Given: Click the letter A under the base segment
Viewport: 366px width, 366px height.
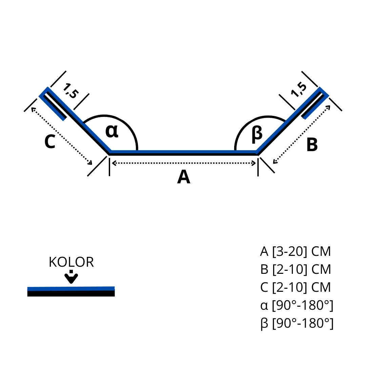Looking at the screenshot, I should point(184,177).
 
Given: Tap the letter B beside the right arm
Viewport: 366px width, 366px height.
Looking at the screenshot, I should point(312,145).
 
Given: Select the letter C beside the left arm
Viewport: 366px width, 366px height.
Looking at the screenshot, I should point(49,142).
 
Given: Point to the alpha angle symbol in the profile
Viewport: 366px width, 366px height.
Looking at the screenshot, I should point(112,131).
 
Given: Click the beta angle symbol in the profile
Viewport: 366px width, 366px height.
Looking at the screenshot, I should point(257,134).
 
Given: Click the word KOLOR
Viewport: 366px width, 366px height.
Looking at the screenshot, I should point(71,262).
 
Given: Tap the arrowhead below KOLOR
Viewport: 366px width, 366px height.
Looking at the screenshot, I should point(71,279).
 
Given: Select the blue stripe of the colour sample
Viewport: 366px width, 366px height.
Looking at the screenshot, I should point(71,289).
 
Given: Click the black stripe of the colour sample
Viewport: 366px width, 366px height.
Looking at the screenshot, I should point(71,293).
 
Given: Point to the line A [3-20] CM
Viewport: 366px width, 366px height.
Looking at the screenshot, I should point(295,252).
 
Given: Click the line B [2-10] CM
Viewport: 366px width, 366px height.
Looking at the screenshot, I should point(295,270).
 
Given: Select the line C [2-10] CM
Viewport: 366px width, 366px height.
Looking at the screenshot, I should point(295,287).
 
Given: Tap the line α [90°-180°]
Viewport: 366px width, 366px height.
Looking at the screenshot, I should point(297,305).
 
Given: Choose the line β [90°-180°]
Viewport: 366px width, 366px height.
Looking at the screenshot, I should point(297,323).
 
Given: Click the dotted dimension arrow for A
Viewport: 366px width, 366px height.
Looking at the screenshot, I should point(184,163).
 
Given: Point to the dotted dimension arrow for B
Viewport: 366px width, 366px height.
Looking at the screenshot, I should point(302,135).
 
